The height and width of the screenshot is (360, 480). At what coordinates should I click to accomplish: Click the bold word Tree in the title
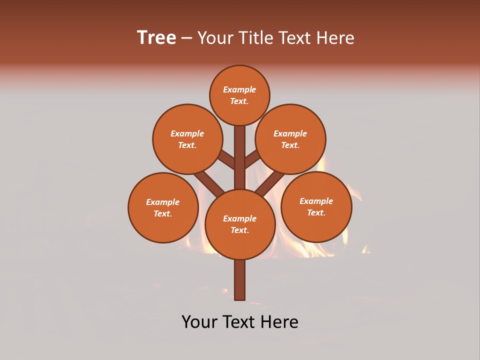tap(156, 38)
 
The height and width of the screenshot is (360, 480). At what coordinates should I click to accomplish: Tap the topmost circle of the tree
tap(239, 95)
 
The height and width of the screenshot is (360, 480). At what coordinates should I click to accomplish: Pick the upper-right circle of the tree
tap(290, 139)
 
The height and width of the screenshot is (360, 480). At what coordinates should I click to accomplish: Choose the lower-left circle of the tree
tap(163, 207)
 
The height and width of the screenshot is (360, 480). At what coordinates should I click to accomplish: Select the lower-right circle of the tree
tap(316, 206)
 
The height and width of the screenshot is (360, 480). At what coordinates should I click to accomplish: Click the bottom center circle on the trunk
tap(240, 224)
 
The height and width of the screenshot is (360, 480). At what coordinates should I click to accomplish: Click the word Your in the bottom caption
tap(200, 322)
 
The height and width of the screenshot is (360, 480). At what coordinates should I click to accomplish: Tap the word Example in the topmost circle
tap(239, 89)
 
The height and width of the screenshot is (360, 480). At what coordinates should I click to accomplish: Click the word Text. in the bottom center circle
tap(239, 230)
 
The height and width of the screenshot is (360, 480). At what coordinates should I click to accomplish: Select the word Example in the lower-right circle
tap(316, 201)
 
